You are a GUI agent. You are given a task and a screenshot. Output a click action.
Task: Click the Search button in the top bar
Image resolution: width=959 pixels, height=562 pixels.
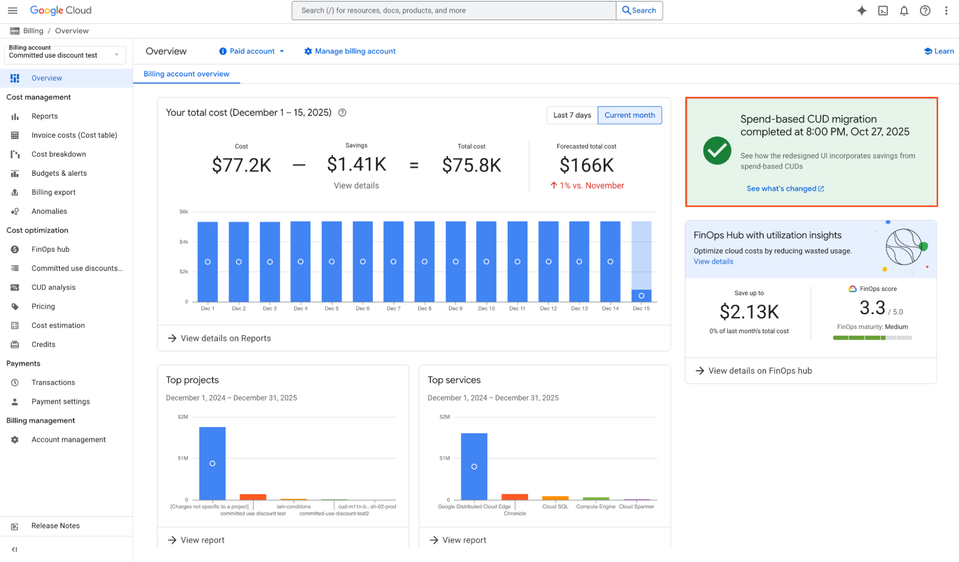click(x=639, y=11)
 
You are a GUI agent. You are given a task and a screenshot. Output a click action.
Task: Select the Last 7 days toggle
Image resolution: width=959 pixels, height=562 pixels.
click(x=572, y=115)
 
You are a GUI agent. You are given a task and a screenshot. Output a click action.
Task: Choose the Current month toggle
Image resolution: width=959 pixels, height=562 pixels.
click(x=629, y=115)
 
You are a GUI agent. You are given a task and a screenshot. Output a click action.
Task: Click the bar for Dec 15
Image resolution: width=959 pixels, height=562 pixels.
click(x=641, y=262)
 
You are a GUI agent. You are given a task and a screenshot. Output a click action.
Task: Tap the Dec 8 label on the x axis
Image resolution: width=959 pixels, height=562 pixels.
click(x=424, y=308)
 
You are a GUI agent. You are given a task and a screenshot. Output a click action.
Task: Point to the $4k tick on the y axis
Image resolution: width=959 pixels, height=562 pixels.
click(x=184, y=242)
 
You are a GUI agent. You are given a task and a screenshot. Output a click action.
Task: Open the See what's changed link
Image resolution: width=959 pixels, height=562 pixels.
click(x=785, y=189)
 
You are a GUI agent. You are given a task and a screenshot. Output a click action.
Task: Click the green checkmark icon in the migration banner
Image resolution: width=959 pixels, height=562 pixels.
click(x=717, y=151)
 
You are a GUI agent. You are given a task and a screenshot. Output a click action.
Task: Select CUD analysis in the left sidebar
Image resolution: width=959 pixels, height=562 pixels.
click(x=53, y=287)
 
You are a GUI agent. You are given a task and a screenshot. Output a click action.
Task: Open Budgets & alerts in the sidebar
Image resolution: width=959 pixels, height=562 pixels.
click(x=59, y=173)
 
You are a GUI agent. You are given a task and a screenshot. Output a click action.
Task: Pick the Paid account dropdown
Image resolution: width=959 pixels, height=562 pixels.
click(x=252, y=51)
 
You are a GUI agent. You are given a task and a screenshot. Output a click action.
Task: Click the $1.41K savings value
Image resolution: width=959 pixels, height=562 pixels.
click(x=356, y=164)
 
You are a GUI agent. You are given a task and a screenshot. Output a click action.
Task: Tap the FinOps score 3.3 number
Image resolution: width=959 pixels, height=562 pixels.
click(x=872, y=308)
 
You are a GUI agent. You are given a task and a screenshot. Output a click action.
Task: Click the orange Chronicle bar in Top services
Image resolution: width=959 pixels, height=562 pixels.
click(x=514, y=497)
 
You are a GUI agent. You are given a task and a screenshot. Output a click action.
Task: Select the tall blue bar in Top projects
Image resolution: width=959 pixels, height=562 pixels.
click(x=212, y=463)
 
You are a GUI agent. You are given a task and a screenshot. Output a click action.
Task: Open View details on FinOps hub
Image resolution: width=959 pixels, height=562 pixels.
click(x=759, y=371)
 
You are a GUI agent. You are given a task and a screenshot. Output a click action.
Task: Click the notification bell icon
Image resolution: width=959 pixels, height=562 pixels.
click(x=904, y=11)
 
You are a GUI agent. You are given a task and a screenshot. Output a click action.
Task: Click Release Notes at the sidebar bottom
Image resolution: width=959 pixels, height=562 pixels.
click(x=55, y=526)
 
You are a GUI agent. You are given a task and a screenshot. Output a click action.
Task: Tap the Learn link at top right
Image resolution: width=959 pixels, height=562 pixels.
click(x=939, y=51)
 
